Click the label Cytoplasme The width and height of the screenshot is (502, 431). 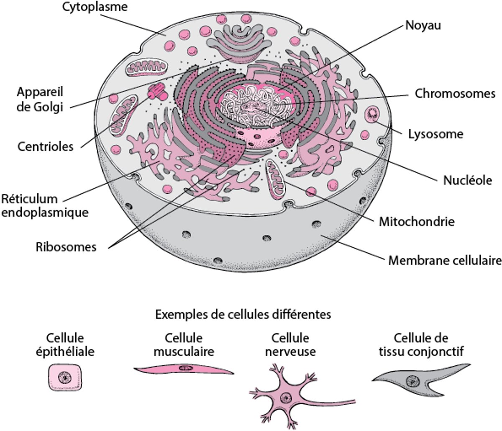(x=95, y=7)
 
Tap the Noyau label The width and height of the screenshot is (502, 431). (x=423, y=26)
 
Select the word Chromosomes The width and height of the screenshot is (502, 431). (x=455, y=93)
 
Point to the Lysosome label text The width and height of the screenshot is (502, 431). (x=435, y=134)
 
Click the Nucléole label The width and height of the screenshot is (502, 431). (x=467, y=180)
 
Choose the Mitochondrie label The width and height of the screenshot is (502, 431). (x=416, y=221)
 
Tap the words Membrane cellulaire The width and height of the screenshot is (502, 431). (x=445, y=261)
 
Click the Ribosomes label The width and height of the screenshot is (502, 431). (x=66, y=247)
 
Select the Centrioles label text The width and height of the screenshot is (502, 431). (x=45, y=146)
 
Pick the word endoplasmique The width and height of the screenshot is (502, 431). (x=45, y=212)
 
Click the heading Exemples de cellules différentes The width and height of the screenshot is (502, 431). (x=243, y=314)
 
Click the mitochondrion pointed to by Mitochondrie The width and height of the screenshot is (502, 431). (x=276, y=179)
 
